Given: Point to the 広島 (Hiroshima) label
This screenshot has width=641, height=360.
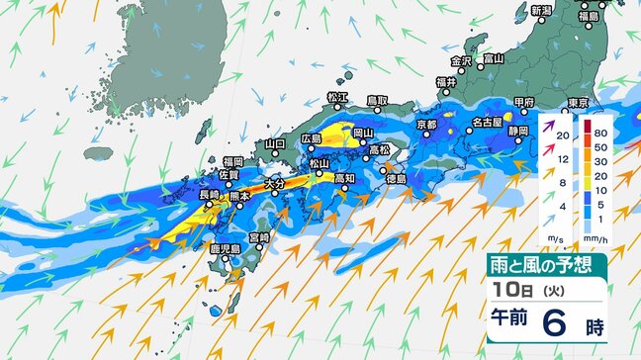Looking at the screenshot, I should (x=310, y=139).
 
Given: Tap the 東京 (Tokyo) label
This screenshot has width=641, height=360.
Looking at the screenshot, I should (x=578, y=104).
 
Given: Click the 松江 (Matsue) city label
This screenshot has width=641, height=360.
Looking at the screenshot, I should (x=337, y=97).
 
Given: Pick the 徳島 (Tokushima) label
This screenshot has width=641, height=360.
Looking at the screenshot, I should (x=396, y=179).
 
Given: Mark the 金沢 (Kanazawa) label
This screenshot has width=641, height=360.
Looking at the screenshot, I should (x=462, y=60).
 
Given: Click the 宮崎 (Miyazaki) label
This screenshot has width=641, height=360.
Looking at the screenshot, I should (x=259, y=237).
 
